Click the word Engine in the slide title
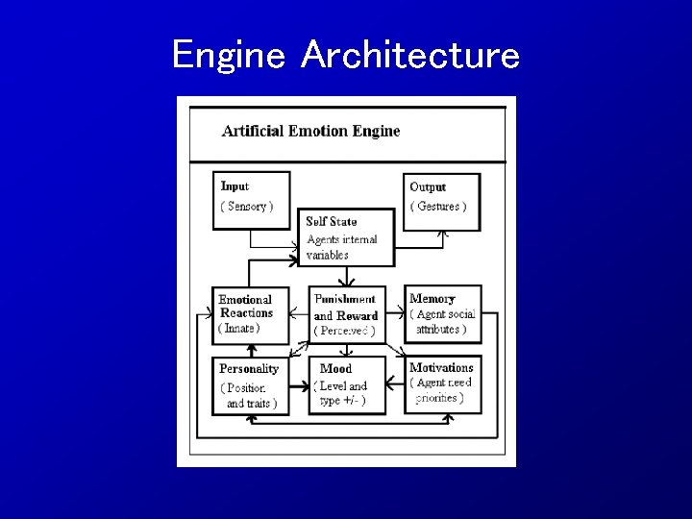pyautogui.click(x=229, y=55)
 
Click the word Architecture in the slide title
pyautogui.click(x=410, y=55)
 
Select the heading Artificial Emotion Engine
pyautogui.click(x=310, y=131)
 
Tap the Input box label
pyautogui.click(x=235, y=186)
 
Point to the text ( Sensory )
pyautogui.click(x=247, y=206)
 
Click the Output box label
pyautogui.click(x=428, y=186)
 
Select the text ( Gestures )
pyautogui.click(x=438, y=206)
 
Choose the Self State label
pyautogui.click(x=332, y=221)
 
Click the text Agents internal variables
pyautogui.click(x=341, y=247)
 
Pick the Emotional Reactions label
pyautogui.click(x=245, y=306)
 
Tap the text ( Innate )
pyautogui.click(x=239, y=328)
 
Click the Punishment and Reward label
pyautogui.click(x=346, y=307)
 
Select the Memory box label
pyautogui.click(x=432, y=299)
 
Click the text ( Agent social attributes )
pyautogui.click(x=442, y=321)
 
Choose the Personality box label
pyautogui.click(x=249, y=368)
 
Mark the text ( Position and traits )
pyautogui.click(x=249, y=395)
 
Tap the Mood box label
pyautogui.click(x=335, y=368)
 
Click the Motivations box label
pyautogui.click(x=441, y=367)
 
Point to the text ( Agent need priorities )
pyautogui.click(x=441, y=389)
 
